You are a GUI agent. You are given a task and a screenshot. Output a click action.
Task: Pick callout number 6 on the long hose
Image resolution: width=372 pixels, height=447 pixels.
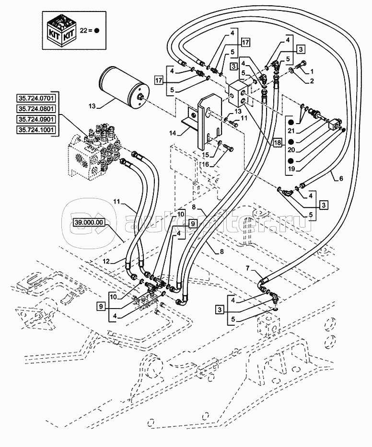pyautogui.click(x=341, y=179)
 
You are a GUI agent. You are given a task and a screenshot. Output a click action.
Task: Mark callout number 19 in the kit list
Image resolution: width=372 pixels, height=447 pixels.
pyautogui.click(x=291, y=169)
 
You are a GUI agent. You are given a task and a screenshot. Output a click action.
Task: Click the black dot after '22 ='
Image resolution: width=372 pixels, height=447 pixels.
pyautogui.click(x=96, y=30)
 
